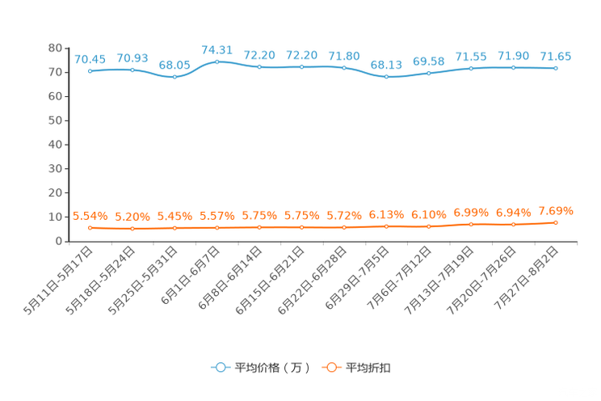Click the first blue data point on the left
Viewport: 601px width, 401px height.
pos(90,71)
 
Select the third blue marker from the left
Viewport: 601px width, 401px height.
pos(174,77)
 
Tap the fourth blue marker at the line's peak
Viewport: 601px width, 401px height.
pos(216,61)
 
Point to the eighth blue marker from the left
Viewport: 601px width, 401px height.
pos(386,77)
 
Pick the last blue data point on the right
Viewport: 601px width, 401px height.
pos(556,69)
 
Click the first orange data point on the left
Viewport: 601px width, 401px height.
pos(90,228)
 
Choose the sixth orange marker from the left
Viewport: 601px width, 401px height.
pos(301,227)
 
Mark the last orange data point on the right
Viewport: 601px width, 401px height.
pos(556,222)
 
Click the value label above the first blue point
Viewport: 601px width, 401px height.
pos(90,59)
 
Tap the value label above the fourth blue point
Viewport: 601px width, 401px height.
pos(216,49)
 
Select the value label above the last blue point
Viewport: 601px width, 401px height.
pos(556,57)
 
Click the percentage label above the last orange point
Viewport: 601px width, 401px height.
pos(556,211)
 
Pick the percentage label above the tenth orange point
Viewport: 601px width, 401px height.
pos(471,213)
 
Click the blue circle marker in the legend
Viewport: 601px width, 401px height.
pos(220,367)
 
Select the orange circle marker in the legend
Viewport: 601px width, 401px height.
pos(330,367)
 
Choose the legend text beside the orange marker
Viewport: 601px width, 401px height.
pos(369,368)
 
